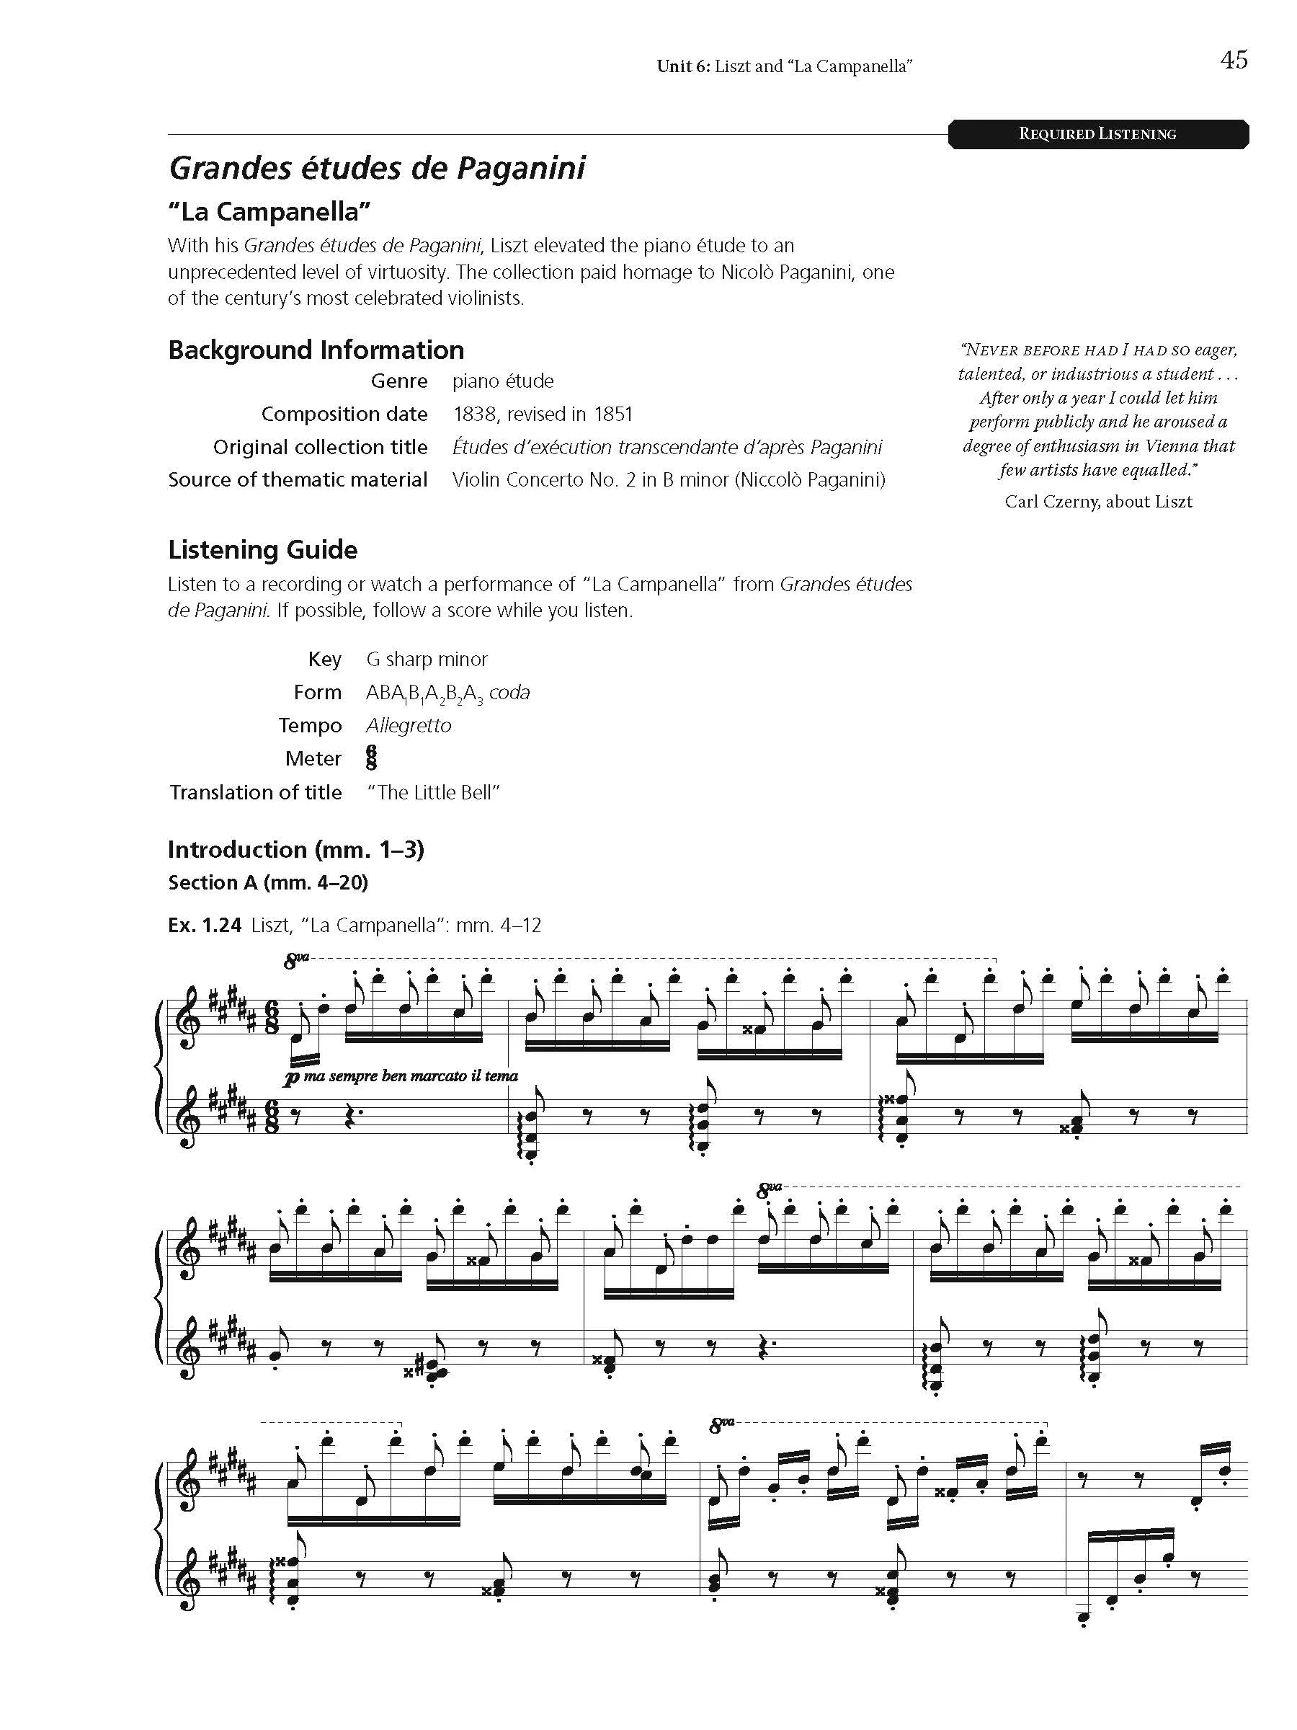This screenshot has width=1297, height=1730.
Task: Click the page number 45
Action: click(1233, 61)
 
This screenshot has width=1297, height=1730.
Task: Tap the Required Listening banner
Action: click(1097, 134)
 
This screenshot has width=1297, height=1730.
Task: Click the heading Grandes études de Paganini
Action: click(377, 168)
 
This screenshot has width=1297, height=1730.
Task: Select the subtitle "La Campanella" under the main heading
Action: click(269, 211)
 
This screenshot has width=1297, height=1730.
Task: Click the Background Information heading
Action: click(316, 350)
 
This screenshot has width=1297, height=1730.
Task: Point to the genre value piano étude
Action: click(503, 381)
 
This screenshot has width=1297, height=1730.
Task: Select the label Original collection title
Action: click(321, 447)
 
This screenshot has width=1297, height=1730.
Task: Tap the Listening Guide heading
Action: click(263, 550)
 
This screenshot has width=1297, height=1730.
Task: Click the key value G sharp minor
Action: click(427, 660)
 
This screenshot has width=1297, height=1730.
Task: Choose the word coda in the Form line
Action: click(509, 693)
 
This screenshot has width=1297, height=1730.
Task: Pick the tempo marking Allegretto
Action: click(408, 726)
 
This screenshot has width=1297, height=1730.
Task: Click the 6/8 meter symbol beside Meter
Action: click(371, 757)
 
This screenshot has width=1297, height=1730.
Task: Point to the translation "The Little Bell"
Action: click(433, 792)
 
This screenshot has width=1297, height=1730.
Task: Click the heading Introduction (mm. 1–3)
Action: click(295, 849)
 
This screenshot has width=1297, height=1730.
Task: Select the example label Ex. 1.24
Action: click(204, 926)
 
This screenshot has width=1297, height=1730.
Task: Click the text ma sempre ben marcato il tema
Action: click(411, 1076)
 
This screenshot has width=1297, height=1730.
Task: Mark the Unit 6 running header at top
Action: click(784, 66)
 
